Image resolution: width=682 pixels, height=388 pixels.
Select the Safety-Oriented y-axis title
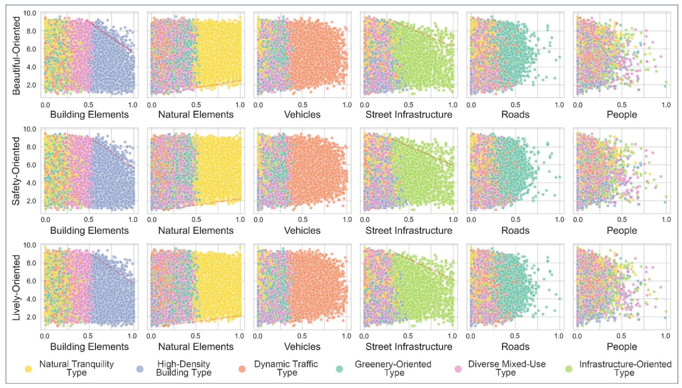pyautogui.click(x=16, y=171)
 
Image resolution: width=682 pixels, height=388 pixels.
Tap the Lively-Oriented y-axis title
pyautogui.click(x=16, y=288)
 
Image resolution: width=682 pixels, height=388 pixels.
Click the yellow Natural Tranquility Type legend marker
pyautogui.click(x=28, y=369)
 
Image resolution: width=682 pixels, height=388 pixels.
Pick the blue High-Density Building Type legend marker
pyautogui.click(x=140, y=369)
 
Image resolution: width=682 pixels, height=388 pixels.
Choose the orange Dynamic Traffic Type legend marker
pyautogui.click(x=242, y=369)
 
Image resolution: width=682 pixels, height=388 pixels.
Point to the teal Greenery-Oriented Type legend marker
pyautogui.click(x=340, y=369)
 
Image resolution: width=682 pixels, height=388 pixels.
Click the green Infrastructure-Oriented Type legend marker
pyautogui.click(x=569, y=369)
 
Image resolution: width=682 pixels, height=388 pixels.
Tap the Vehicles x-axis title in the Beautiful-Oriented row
pyautogui.click(x=302, y=115)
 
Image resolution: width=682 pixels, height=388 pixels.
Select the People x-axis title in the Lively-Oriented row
pyautogui.click(x=622, y=347)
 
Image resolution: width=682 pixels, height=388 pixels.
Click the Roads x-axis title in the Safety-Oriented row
pyautogui.click(x=515, y=231)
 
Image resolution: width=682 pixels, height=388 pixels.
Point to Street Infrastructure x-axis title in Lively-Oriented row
pyautogui.click(x=409, y=347)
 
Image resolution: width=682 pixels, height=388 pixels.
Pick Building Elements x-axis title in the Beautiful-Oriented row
pyautogui.click(x=89, y=115)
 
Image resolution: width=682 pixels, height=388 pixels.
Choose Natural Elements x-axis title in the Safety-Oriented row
pyautogui.click(x=196, y=231)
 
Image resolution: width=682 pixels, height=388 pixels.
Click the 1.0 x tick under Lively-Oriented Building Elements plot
pyautogui.click(x=132, y=336)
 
